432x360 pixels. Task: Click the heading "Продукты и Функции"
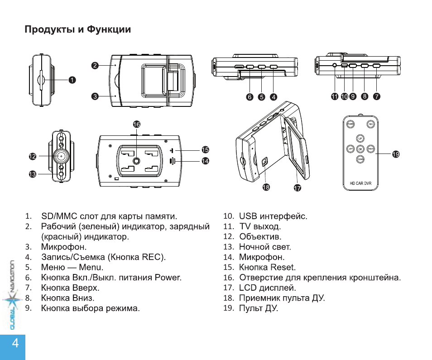pos(77,30)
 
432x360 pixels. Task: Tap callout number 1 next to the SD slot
pos(72,80)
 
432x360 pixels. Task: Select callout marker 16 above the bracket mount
pos(136,124)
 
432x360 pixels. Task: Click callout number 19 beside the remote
pos(396,154)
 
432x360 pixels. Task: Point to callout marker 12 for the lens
pos(33,156)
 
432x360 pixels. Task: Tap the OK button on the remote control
pos(360,149)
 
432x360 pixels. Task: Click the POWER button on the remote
pos(350,124)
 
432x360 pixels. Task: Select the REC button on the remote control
pos(370,124)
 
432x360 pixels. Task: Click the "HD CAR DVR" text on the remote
pos(360,184)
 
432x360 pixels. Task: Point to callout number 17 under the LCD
pos(298,188)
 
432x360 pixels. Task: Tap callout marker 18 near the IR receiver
pos(266,187)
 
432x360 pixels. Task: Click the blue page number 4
pos(15,343)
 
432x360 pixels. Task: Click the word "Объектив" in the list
pos(260,236)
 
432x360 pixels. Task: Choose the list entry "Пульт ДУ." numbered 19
pos(259,308)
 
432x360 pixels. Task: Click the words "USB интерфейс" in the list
pos(273,216)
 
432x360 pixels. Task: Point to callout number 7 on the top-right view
pos(377,96)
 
